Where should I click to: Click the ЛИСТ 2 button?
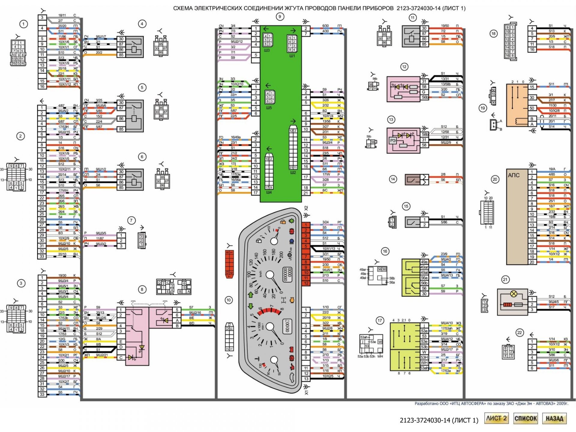[x=496, y=418]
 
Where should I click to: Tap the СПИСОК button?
[x=526, y=418]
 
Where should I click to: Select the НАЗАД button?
[x=554, y=418]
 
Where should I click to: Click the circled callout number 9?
[x=280, y=16]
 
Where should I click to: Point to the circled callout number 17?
[x=380, y=321]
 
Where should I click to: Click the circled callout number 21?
[x=505, y=280]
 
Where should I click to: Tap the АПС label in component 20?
[x=514, y=175]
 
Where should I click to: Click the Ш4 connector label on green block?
[x=269, y=192]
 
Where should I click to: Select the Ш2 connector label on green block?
[x=293, y=172]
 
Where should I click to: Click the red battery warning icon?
[x=290, y=349]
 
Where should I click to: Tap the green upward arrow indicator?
[x=251, y=295]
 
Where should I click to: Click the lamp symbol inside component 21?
[x=514, y=294]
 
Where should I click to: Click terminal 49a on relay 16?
[x=424, y=262]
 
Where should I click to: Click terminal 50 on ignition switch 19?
[x=532, y=108]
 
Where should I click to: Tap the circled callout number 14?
[x=393, y=179]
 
